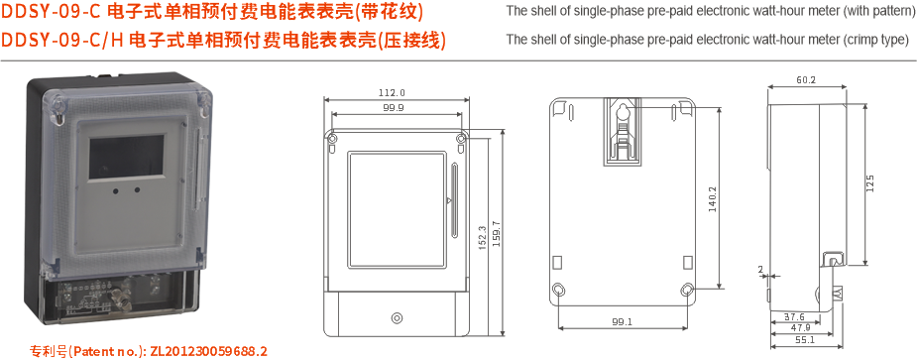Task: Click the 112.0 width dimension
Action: (x=392, y=92)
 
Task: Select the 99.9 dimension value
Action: (x=394, y=107)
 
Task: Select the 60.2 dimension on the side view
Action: (x=805, y=80)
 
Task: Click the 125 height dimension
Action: (x=869, y=183)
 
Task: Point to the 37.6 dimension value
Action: (x=795, y=316)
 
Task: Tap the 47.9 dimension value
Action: (x=800, y=327)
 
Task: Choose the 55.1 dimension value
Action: (x=804, y=340)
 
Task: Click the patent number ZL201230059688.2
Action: (x=208, y=351)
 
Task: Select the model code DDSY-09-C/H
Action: (x=63, y=41)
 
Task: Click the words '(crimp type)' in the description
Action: (x=874, y=41)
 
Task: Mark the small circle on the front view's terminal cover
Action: (x=397, y=318)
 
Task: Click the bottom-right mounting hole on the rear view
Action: (x=687, y=290)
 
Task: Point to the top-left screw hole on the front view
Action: (x=333, y=138)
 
